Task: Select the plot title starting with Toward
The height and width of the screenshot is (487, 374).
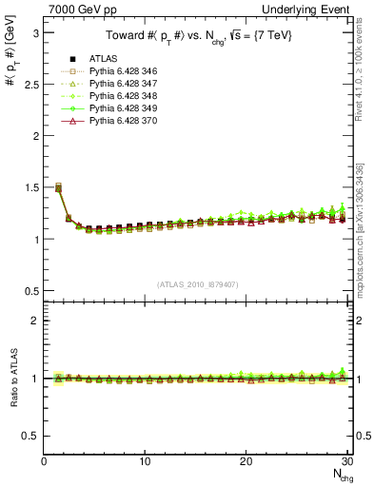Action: (x=197, y=36)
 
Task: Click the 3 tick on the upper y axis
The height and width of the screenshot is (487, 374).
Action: (x=37, y=32)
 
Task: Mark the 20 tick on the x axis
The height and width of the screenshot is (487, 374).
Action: (x=246, y=461)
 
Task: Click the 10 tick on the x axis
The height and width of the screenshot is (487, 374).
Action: (x=145, y=461)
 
